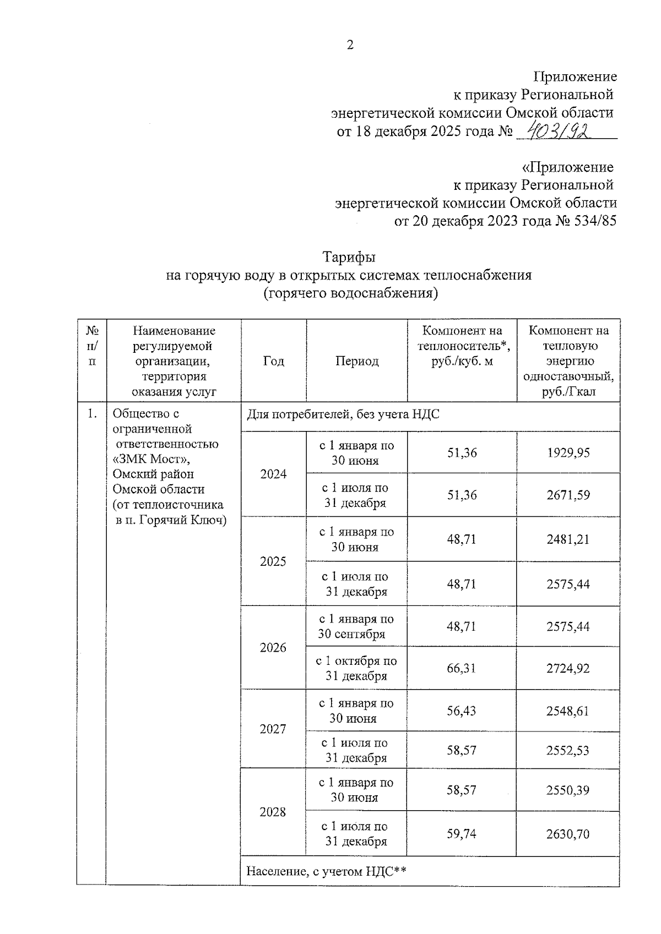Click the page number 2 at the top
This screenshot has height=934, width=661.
point(350,46)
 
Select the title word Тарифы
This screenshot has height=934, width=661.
point(349,257)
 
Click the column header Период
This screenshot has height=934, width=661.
point(357,361)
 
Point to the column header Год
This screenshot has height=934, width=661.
point(273,361)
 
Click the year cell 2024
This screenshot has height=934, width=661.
point(273,474)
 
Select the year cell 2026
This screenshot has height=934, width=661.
point(273,648)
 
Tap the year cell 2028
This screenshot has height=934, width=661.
point(273,812)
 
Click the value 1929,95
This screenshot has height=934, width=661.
point(568,452)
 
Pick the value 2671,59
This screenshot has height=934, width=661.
point(568,495)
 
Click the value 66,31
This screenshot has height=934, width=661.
point(462,668)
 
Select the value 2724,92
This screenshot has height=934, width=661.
point(568,668)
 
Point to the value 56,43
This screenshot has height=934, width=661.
point(462,711)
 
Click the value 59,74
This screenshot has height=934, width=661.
point(462,834)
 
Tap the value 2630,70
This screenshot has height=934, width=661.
point(568,834)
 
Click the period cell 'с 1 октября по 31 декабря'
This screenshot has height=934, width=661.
point(356,668)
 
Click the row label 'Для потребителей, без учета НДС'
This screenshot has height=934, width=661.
point(343,414)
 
